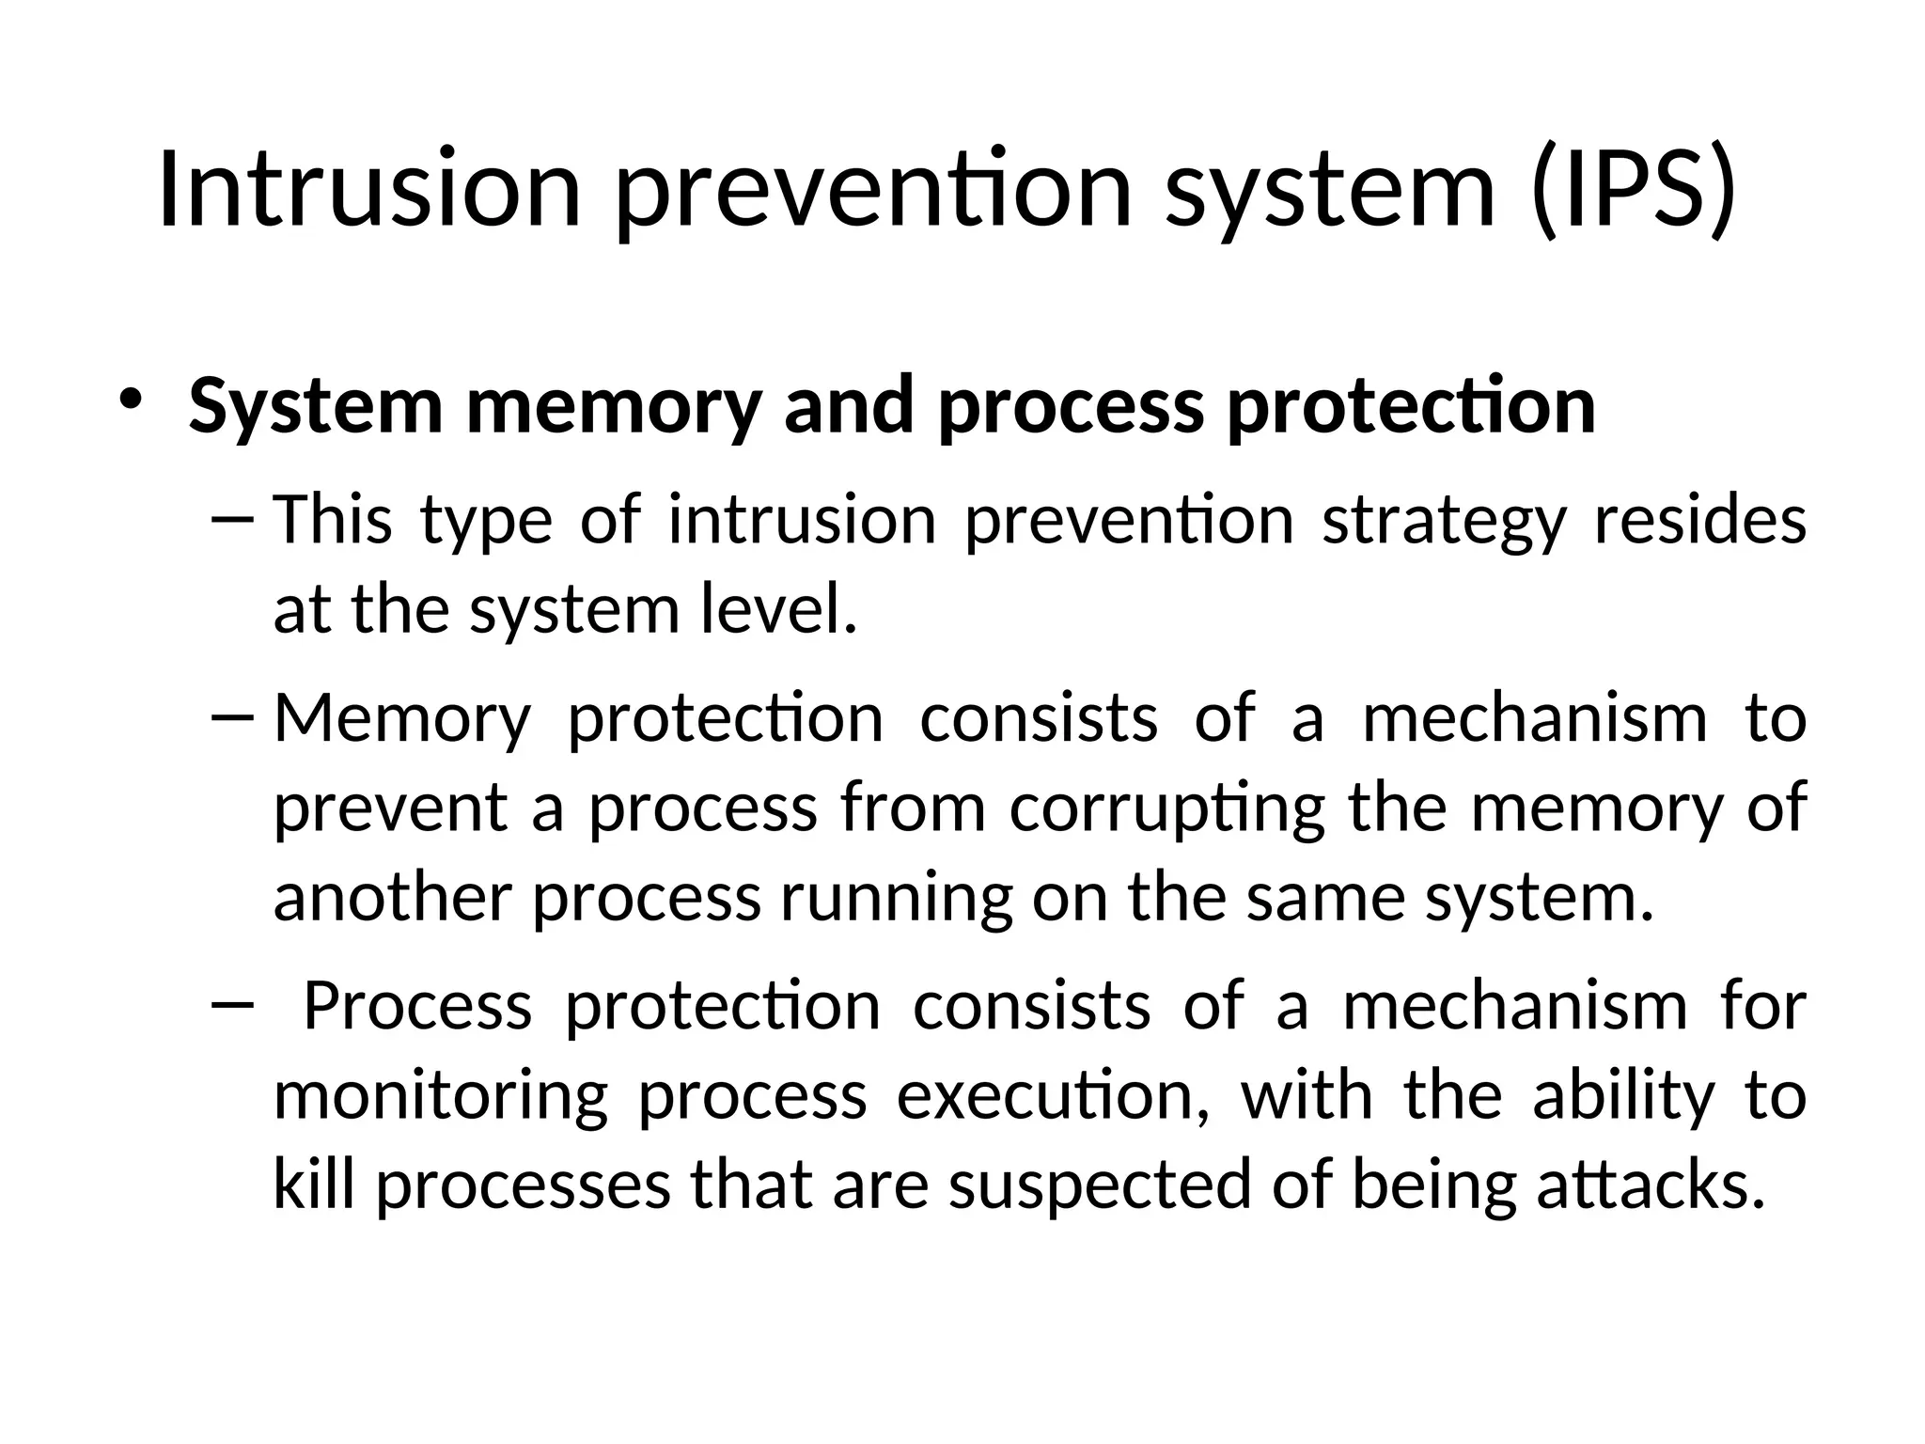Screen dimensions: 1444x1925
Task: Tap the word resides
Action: tap(1699, 520)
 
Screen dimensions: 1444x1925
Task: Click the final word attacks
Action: tap(1651, 1185)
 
